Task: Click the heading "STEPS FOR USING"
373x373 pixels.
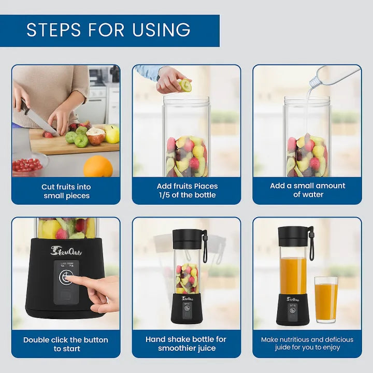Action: point(108,30)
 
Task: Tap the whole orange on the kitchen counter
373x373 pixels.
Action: point(98,167)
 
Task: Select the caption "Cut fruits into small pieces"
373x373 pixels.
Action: point(66,191)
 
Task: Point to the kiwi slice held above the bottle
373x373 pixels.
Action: point(185,85)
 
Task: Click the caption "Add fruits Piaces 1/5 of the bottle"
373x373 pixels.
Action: point(187,191)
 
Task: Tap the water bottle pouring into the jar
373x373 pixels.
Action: point(332,77)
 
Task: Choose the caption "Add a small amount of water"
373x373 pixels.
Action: point(307,190)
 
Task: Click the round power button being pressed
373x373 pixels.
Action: point(66,277)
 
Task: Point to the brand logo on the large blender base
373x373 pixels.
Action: point(66,251)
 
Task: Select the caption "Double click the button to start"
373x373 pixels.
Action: point(66,344)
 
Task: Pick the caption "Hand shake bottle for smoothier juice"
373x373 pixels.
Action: point(186,343)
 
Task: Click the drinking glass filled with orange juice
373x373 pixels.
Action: point(326,299)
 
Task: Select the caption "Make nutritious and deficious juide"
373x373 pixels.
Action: point(307,343)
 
